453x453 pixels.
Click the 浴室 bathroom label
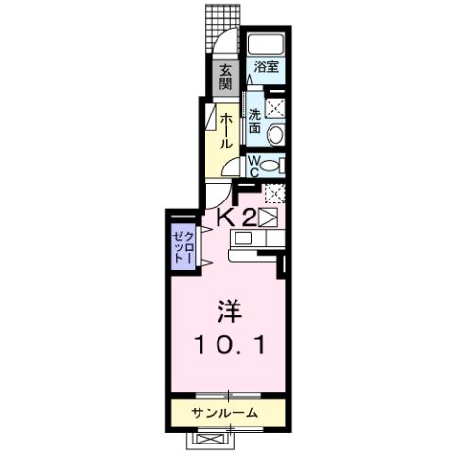[x=266, y=67]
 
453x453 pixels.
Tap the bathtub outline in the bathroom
[x=266, y=45]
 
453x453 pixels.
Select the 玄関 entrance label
[x=227, y=76]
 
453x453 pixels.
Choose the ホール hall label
[x=228, y=131]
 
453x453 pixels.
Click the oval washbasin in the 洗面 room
[x=274, y=135]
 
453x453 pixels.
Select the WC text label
[x=254, y=166]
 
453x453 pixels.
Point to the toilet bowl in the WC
[x=271, y=166]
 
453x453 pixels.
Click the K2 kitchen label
[x=237, y=218]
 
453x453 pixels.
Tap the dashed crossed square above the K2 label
[x=274, y=196]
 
